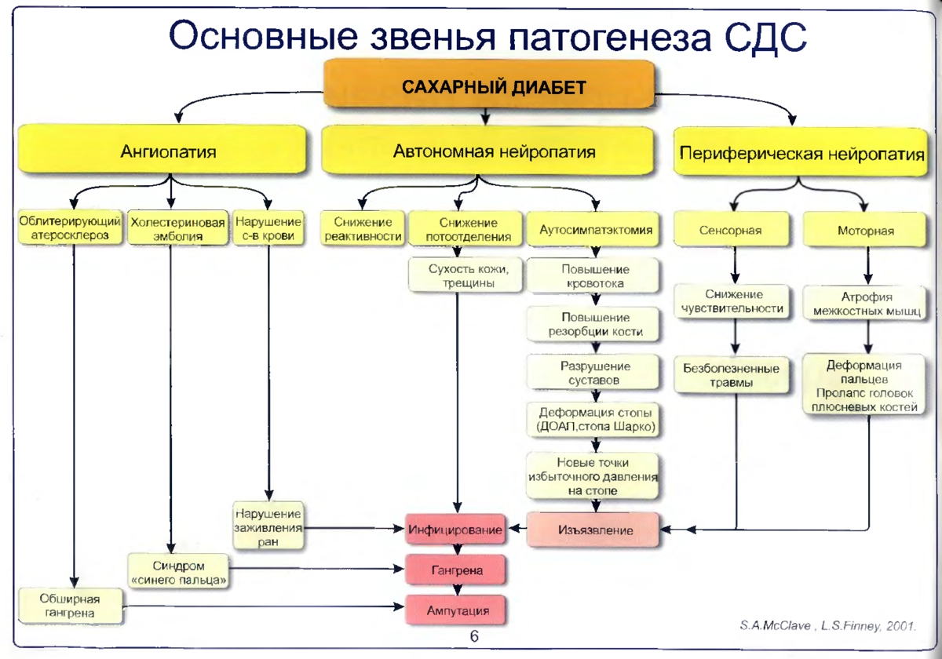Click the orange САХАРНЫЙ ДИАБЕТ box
(489, 84)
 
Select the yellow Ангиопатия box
(162, 149)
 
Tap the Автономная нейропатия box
(487, 151)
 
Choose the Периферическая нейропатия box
(800, 152)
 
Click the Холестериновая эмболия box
(178, 228)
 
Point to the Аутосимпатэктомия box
(593, 229)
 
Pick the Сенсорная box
(732, 229)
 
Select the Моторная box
(864, 230)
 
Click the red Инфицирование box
(455, 529)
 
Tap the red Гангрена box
(455, 570)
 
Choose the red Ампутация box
(455, 610)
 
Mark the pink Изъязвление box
(593, 530)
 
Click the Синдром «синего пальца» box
(178, 571)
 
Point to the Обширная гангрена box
(70, 606)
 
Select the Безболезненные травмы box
(732, 375)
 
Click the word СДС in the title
(765, 36)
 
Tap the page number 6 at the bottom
(474, 636)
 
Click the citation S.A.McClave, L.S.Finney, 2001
(827, 626)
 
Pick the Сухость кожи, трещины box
(465, 275)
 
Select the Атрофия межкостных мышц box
(864, 303)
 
